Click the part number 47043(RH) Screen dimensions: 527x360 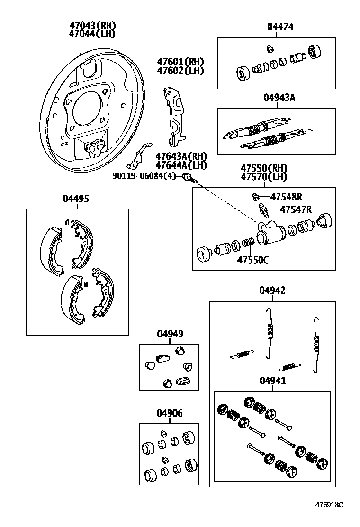[x=92, y=26]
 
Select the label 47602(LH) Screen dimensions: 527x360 [x=180, y=71]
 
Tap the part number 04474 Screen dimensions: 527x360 [x=279, y=27]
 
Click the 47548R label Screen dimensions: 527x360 [x=286, y=197]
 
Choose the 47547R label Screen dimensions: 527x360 [x=296, y=209]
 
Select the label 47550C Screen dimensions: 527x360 [x=253, y=260]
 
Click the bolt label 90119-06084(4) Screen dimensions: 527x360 [x=144, y=176]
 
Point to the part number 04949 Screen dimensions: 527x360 [x=170, y=334]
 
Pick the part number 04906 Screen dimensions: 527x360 [x=170, y=414]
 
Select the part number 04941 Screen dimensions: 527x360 [x=272, y=381]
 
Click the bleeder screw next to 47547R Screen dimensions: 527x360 [x=263, y=209]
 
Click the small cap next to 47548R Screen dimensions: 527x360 [x=255, y=197]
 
